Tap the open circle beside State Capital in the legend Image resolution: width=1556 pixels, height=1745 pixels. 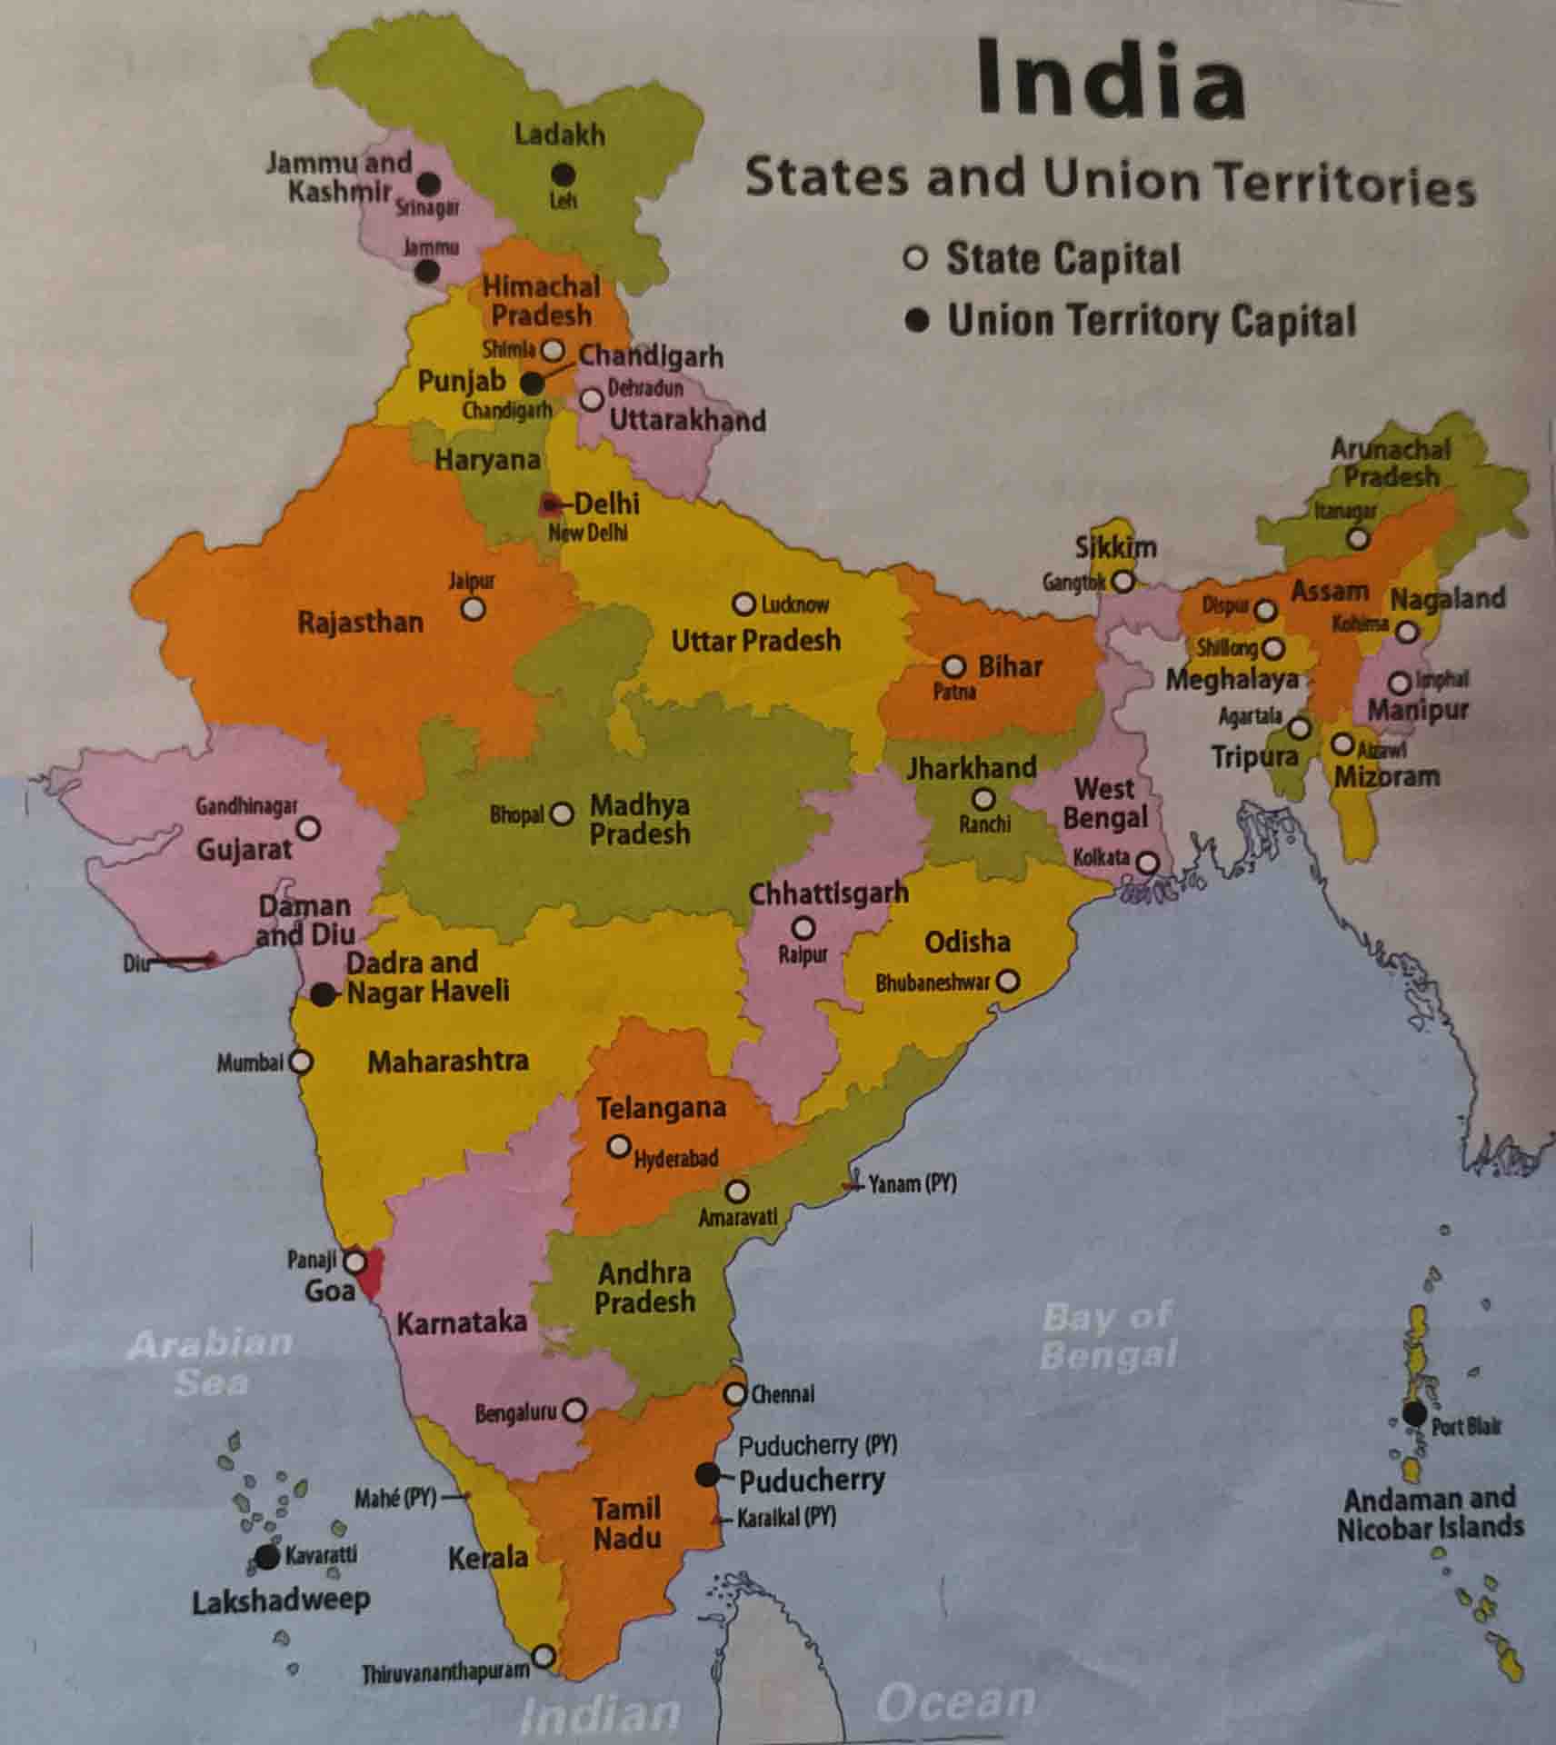pyautogui.click(x=915, y=258)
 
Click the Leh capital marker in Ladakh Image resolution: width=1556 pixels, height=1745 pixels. pyautogui.click(x=564, y=174)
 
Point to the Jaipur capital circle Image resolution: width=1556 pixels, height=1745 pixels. pyautogui.click(x=473, y=608)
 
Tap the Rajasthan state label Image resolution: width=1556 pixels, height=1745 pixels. pyautogui.click(x=360, y=623)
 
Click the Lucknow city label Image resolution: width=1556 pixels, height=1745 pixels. pyautogui.click(x=794, y=604)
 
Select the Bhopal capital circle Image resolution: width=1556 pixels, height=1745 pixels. pyautogui.click(x=563, y=813)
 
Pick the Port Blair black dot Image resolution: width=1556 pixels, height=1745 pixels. pyautogui.click(x=1413, y=1414)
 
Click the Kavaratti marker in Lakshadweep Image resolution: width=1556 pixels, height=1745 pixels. pyautogui.click(x=266, y=1557)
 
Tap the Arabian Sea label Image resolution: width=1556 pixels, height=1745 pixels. pyautogui.click(x=210, y=1362)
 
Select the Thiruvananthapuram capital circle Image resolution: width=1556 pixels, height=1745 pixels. pyautogui.click(x=544, y=1656)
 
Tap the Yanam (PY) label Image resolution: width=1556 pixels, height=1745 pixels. pyautogui.click(x=912, y=1183)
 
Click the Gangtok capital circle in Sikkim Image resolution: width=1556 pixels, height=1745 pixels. pyautogui.click(x=1123, y=580)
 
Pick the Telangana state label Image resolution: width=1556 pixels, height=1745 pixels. pyautogui.click(x=661, y=1108)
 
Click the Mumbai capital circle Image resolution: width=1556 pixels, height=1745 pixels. pyautogui.click(x=301, y=1061)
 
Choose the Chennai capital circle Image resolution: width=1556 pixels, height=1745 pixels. pyautogui.click(x=734, y=1393)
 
